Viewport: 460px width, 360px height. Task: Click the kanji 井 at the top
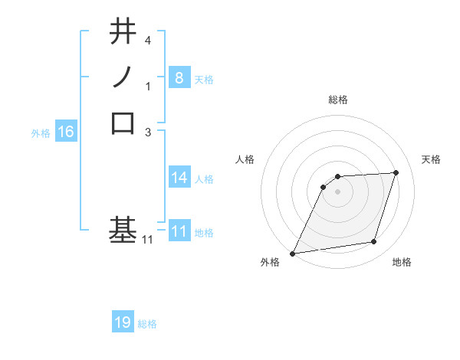[123, 33]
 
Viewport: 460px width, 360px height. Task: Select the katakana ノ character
[123, 78]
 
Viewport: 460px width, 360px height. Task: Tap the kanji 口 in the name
[123, 123]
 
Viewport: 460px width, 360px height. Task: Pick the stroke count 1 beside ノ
[148, 87]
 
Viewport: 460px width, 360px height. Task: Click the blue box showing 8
[179, 78]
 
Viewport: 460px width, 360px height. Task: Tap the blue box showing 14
[179, 178]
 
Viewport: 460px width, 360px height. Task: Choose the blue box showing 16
[66, 132]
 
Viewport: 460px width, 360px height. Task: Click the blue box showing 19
[123, 322]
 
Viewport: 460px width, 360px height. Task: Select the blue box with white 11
[179, 231]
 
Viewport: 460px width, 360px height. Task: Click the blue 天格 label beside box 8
[204, 79]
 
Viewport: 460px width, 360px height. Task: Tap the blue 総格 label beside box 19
[147, 324]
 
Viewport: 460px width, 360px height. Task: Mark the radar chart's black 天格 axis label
[431, 159]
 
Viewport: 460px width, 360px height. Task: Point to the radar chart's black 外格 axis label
[269, 262]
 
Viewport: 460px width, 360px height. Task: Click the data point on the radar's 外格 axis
[293, 254]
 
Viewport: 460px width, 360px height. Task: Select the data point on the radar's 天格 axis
[396, 172]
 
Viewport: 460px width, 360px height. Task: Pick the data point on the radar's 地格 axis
[374, 242]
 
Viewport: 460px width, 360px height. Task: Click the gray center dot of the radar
[337, 191]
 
